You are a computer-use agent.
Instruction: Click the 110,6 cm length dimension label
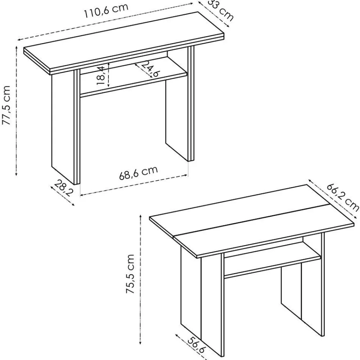(106, 10)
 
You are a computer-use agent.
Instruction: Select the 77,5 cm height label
(6, 105)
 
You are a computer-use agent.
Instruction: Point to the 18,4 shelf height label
(101, 75)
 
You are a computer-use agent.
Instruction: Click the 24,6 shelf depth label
(150, 69)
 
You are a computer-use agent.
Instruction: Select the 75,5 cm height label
(130, 274)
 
